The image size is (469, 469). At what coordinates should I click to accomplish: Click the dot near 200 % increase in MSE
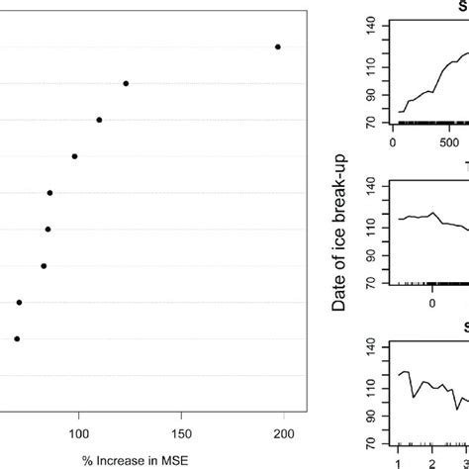click(x=278, y=47)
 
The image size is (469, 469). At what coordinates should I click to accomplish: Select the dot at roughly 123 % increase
click(x=126, y=83)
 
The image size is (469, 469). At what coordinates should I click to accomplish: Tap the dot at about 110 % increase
click(x=99, y=120)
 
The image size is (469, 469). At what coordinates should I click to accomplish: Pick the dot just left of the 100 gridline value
click(x=74, y=156)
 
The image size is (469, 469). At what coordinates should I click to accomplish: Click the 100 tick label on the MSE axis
click(x=78, y=433)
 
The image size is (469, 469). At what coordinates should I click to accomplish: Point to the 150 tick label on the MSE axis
click(x=181, y=433)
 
